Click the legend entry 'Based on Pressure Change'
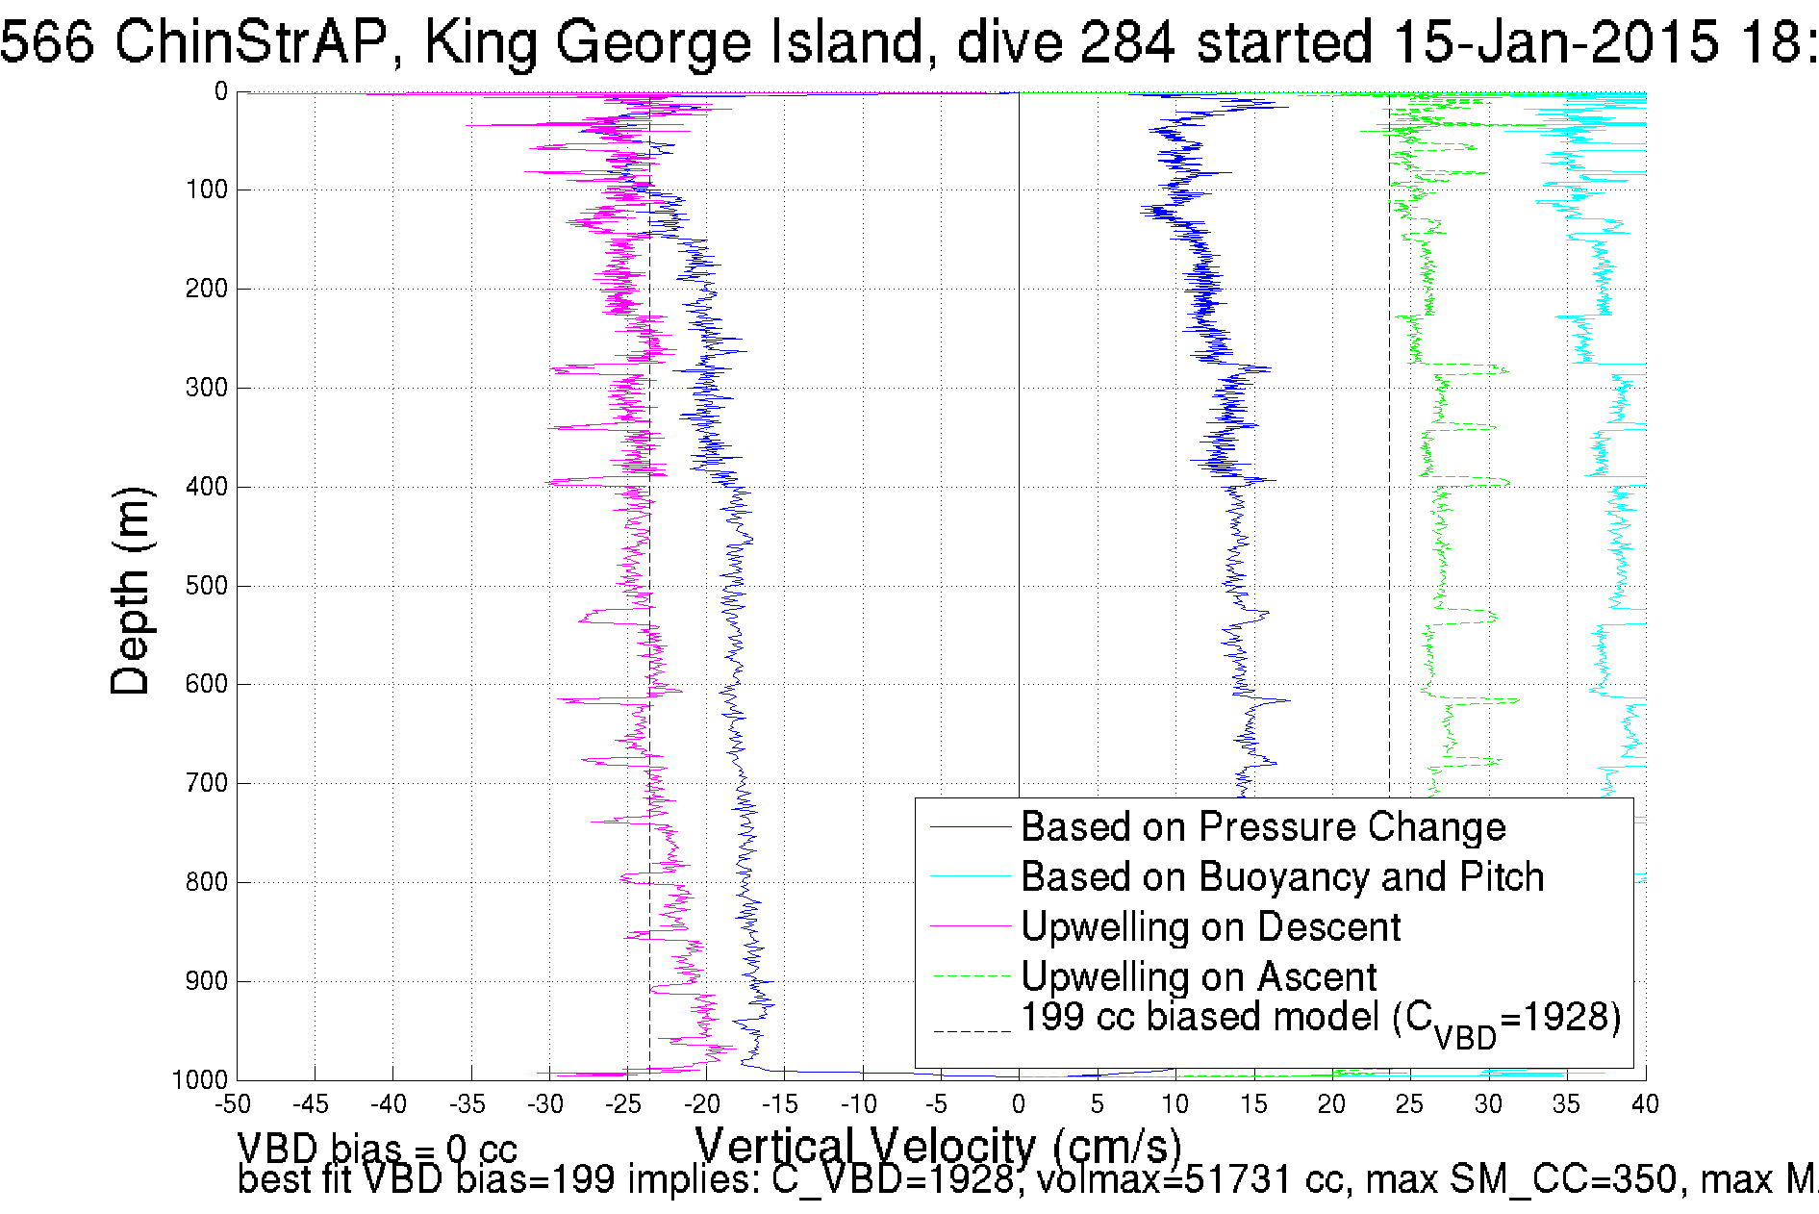tap(1262, 827)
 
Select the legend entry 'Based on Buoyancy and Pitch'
tap(1281, 877)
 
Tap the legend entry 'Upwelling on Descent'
tap(1209, 927)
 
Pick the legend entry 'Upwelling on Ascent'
tap(1198, 977)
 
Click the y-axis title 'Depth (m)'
tap(131, 591)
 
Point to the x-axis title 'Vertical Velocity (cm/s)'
tap(938, 1147)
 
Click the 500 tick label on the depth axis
tap(206, 586)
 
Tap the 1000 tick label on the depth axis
tap(200, 1079)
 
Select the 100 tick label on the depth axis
tap(206, 190)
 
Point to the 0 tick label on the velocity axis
tap(1019, 1104)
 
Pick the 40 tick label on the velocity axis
tap(1644, 1104)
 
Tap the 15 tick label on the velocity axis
tap(1253, 1104)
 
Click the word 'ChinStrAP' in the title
tap(250, 42)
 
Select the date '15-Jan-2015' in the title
tap(1554, 42)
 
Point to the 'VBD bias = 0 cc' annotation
tap(377, 1149)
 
